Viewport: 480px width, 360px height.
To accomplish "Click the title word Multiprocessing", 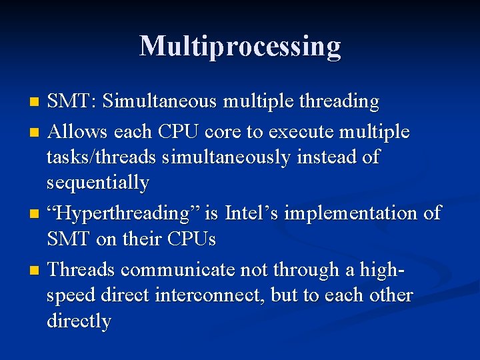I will pos(240,46).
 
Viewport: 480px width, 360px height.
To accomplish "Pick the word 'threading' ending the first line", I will pos(340,102).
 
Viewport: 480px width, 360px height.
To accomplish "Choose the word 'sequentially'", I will pos(98,183).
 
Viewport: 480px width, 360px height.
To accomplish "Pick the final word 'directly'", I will pos(79,321).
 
